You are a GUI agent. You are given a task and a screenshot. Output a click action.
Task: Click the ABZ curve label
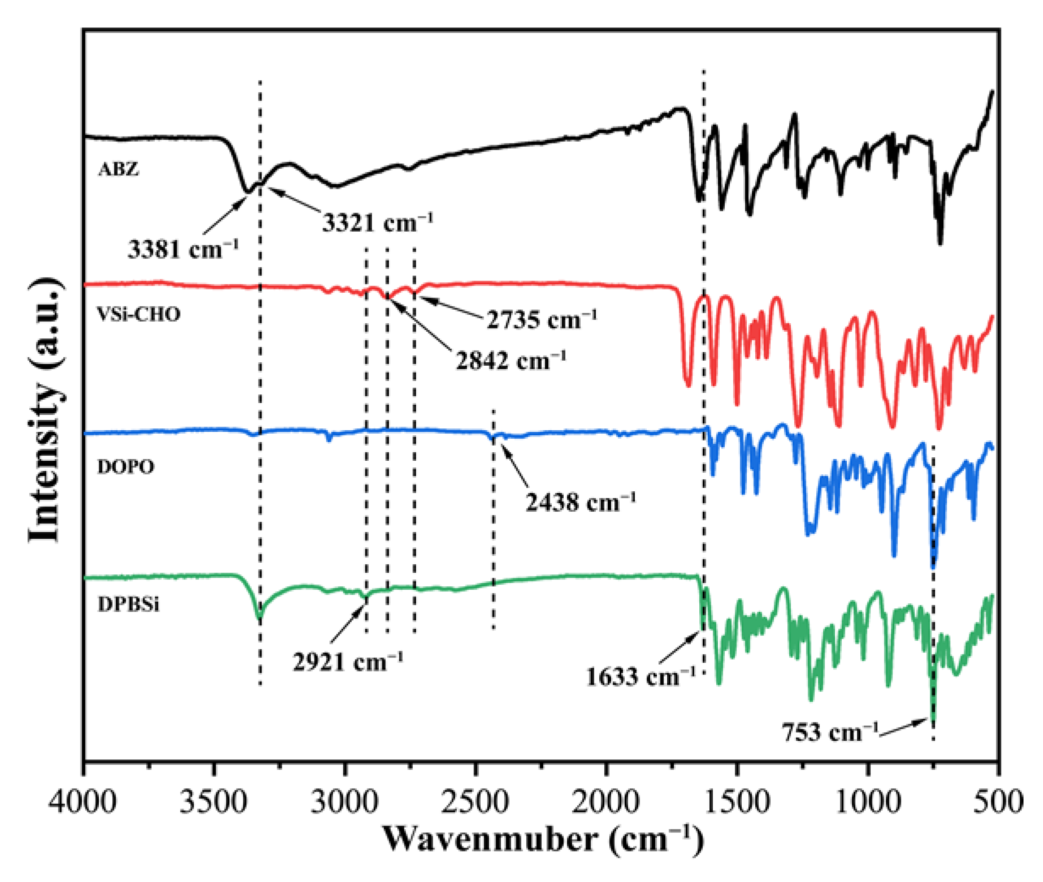118,170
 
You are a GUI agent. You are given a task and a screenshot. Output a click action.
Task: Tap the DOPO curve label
126,467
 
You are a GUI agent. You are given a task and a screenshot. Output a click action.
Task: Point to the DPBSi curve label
128,605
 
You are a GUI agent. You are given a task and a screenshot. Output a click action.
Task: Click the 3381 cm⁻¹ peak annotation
183,249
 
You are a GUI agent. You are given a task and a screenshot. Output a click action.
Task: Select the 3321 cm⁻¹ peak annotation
377,221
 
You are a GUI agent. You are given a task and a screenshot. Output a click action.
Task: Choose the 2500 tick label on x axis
476,802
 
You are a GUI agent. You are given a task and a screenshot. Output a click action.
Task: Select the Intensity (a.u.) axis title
46,410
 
